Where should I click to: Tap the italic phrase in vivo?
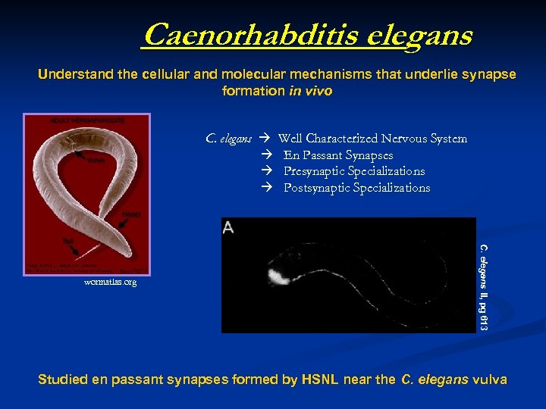coord(311,91)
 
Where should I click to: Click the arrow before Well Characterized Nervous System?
coord(265,139)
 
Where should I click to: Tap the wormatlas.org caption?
coord(111,283)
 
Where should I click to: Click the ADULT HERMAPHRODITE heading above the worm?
coord(77,120)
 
